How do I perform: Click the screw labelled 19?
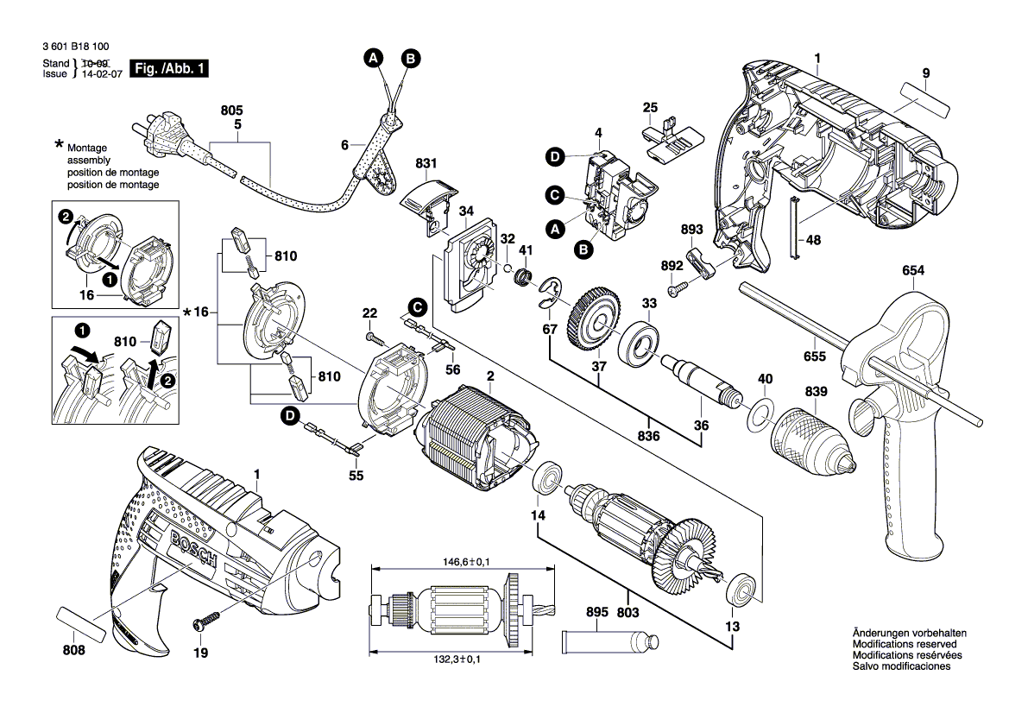click(x=205, y=619)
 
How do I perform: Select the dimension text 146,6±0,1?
click(x=459, y=562)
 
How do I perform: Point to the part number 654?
click(x=913, y=270)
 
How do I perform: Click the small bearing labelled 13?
click(x=741, y=590)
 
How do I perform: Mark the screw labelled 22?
click(x=371, y=335)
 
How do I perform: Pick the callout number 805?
click(x=232, y=111)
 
